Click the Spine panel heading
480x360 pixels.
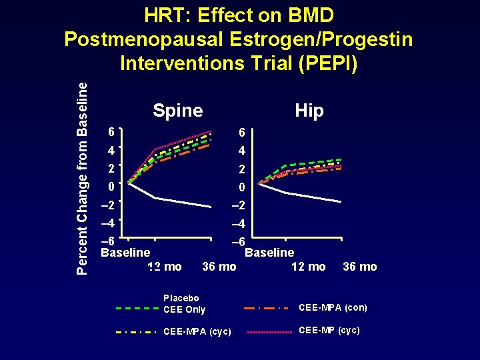[177, 111]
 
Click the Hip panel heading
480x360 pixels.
[309, 111]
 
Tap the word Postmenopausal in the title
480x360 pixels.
[143, 39]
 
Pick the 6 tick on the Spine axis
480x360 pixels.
[112, 133]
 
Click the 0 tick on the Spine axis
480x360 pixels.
[112, 187]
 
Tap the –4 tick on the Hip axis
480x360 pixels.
[241, 223]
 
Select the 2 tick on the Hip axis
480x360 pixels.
[241, 169]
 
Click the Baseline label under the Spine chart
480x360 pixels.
[125, 253]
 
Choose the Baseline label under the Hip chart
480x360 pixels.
[269, 253]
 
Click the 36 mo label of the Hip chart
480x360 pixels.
[359, 267]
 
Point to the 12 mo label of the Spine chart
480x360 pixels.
[164, 267]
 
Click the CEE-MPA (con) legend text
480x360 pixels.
[333, 307]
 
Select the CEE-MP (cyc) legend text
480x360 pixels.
[329, 330]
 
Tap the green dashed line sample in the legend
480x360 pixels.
[137, 309]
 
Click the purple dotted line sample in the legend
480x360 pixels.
[269, 331]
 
